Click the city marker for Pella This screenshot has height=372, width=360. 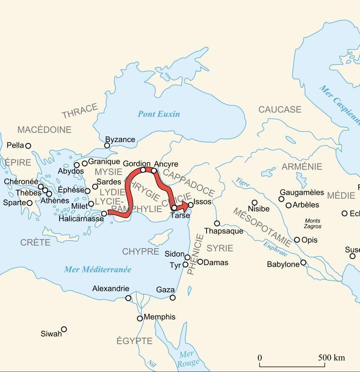click(28, 146)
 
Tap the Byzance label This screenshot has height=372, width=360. click(120, 139)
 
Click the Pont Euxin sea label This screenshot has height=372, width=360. click(159, 114)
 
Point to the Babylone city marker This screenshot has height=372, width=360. click(303, 263)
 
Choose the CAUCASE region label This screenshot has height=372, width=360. click(280, 110)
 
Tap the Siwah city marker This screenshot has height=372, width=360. click(64, 329)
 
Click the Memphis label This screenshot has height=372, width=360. click(160, 317)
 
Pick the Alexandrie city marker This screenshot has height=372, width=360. click(128, 298)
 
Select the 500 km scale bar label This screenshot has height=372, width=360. click(331, 358)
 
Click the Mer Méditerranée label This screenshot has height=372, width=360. click(98, 269)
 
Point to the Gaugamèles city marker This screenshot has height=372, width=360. click(281, 199)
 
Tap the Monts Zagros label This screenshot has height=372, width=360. click(313, 223)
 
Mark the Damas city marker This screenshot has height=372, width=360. click(200, 262)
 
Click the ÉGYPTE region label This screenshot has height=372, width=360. click(134, 341)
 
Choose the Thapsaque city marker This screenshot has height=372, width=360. click(217, 223)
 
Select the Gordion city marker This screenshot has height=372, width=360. click(143, 170)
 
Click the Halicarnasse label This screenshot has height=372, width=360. click(81, 219)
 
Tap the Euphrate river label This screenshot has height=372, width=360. click(275, 248)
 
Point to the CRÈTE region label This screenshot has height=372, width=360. click(35, 242)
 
